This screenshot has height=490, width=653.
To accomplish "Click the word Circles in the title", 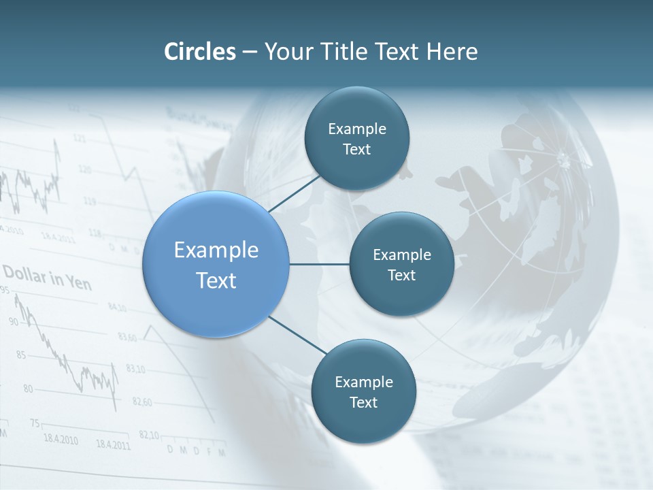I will pos(199,52).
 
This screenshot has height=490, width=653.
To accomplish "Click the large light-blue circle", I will pos(216,264).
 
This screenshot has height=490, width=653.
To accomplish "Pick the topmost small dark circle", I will pos(356,139).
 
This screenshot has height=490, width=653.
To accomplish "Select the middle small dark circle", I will pos(401,264).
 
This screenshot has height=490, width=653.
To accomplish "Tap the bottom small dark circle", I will pos(363,391).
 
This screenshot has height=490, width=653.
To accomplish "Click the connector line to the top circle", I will pos(294,193).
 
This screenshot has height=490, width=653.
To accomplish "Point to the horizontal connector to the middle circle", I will pos(319,264).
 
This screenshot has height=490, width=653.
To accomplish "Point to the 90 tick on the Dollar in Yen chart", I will pos(14,321).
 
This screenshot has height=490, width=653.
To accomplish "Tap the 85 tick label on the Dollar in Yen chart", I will pos(20,355).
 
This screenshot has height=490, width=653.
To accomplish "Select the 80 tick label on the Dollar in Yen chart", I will pos(27,389).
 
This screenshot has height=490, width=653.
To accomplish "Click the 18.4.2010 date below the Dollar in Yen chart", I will pos(60,439).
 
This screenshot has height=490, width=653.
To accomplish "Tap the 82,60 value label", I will pos(141,402).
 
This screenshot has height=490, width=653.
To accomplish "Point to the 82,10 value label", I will pos(148,435).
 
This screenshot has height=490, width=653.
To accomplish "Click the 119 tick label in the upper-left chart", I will pos(88,201).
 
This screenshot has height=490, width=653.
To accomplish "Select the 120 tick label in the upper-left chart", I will pos(84,169).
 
